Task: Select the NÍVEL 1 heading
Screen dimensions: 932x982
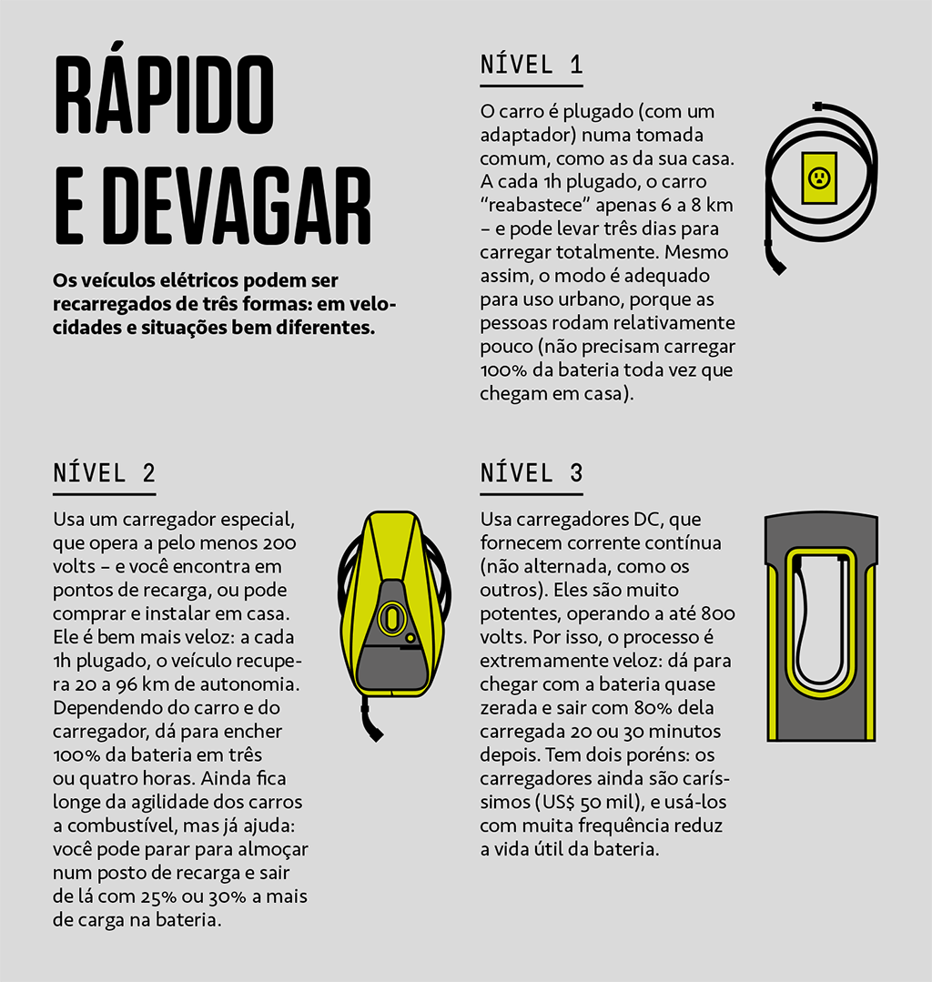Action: point(532,65)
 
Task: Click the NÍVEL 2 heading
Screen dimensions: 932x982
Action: point(104,473)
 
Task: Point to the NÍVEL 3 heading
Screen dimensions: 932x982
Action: point(532,473)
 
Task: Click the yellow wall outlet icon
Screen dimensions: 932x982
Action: point(819,177)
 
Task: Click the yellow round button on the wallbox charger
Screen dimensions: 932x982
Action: point(410,638)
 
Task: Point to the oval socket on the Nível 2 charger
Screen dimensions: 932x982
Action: point(391,618)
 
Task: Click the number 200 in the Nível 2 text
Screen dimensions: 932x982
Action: point(279,543)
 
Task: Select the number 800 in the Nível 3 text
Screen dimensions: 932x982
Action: point(718,613)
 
